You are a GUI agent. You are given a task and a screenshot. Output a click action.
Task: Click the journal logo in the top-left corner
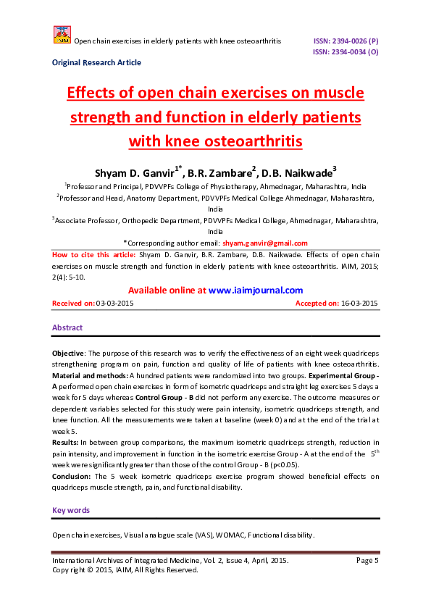pyautogui.click(x=62, y=35)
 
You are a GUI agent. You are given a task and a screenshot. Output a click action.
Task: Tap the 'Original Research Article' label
pyautogui.click(x=96, y=63)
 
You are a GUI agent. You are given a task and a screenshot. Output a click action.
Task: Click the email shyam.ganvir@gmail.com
pyautogui.click(x=264, y=243)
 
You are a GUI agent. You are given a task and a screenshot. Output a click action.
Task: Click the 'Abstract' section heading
pyautogui.click(x=67, y=328)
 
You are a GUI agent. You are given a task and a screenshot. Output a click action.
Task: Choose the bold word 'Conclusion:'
pyautogui.click(x=72, y=476)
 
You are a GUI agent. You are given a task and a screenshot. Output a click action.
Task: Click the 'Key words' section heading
pyautogui.click(x=71, y=511)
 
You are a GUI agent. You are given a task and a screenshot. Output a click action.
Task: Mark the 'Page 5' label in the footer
pyautogui.click(x=367, y=561)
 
